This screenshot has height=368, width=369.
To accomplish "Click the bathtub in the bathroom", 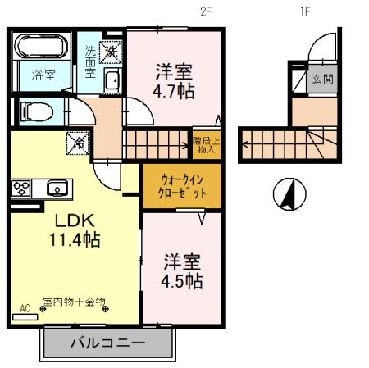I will pos(43,46).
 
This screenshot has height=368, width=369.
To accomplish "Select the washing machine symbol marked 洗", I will pos(111,52).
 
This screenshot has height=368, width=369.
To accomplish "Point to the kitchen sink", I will pos(57,188).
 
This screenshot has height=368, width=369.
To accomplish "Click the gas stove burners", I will pos(21,188).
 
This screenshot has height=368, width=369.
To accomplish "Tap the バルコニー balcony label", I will pos(107,342).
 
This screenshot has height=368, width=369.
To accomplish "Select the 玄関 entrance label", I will pos(321,80).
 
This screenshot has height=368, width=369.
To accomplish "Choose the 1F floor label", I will pos(304,11).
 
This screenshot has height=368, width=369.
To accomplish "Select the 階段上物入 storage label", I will pos(206,144).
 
